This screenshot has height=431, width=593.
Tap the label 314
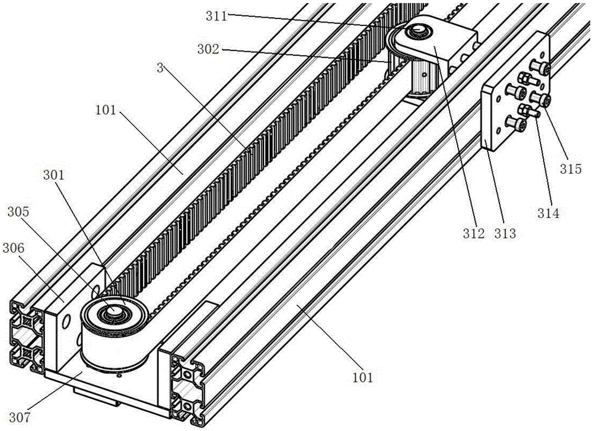548,212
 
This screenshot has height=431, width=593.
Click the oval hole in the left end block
66,321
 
